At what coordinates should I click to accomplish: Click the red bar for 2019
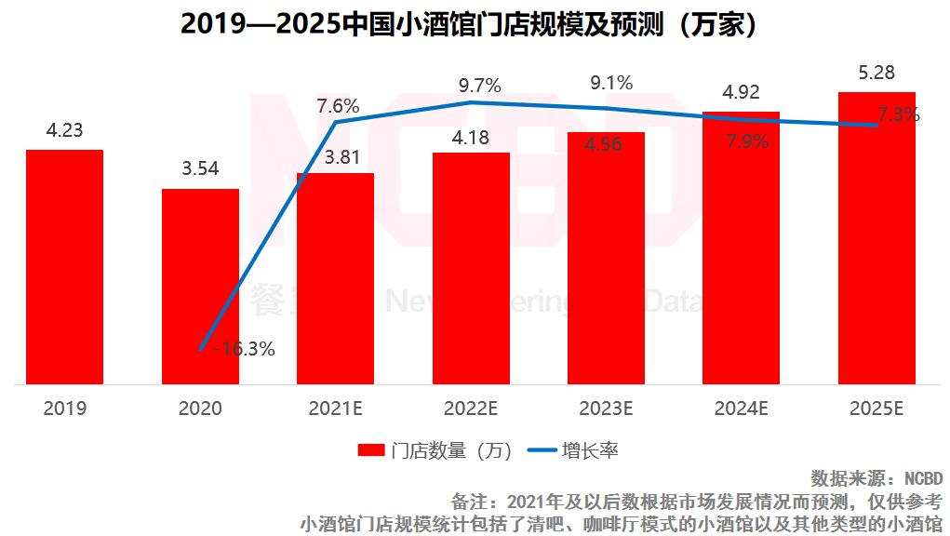tap(64, 266)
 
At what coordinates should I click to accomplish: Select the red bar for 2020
tap(200, 286)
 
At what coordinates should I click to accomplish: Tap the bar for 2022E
tap(471, 268)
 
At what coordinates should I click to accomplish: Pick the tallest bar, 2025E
tap(876, 237)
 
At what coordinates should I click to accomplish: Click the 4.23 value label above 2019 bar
tap(64, 131)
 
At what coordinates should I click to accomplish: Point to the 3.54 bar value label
tap(200, 170)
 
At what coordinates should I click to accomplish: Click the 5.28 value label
tap(876, 73)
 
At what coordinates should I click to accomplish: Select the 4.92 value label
tap(741, 92)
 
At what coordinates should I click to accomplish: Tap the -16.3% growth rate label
tap(244, 350)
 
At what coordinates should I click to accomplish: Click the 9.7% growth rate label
tap(479, 86)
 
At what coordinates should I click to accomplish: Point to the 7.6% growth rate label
tap(338, 104)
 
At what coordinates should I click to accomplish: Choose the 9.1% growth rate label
tap(611, 83)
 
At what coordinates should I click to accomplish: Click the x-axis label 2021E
tap(335, 409)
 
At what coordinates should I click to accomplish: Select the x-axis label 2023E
tap(606, 409)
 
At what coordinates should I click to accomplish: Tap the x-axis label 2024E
tap(741, 409)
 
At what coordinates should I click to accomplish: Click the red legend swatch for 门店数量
tap(371, 451)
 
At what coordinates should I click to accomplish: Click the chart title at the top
tap(475, 24)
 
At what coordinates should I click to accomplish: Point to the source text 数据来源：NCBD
tap(876, 479)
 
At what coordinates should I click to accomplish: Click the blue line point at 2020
tap(201, 350)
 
